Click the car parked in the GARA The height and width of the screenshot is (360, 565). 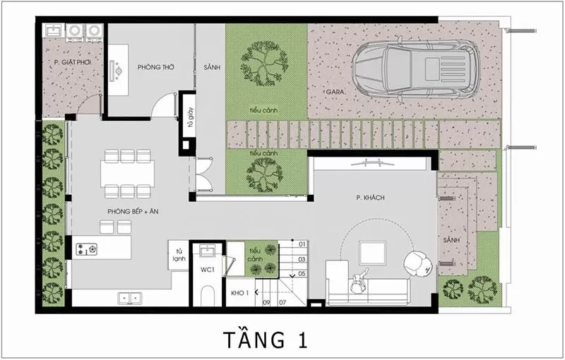pos(416,69)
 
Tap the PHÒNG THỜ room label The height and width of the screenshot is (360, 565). pos(155,67)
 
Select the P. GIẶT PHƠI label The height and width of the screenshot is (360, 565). pos(73,62)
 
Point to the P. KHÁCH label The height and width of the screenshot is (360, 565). pos(370,198)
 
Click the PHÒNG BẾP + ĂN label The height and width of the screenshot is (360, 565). pos(133,211)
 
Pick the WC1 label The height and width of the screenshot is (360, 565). pos(208,269)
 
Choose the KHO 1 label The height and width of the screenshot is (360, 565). pos(239,293)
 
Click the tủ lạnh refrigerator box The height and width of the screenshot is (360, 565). pos(179,255)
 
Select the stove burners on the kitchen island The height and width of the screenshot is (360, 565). pos(86,249)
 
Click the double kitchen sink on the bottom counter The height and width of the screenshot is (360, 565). pos(130,298)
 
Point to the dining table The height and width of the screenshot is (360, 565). pos(128,174)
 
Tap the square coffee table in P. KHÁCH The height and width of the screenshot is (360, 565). pos(373,253)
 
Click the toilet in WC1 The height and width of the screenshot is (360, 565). pos(208,296)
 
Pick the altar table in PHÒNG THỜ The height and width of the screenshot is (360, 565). pos(119,70)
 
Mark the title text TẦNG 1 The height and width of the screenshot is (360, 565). pos(266,340)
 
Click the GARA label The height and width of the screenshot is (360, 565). pos(335,92)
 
